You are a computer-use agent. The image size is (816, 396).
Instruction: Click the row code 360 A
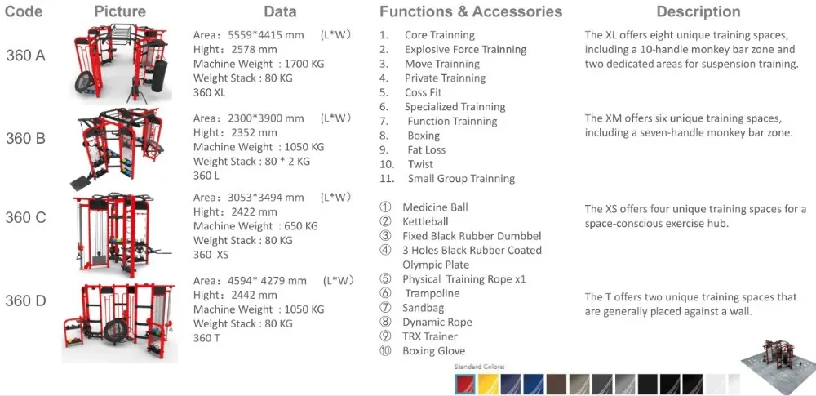click(25, 56)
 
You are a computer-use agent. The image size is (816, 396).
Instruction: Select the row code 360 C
click(25, 218)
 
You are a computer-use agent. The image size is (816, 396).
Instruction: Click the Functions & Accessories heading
click(471, 11)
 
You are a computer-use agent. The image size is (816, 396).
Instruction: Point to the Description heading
click(698, 11)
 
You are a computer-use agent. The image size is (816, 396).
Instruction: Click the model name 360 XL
click(209, 93)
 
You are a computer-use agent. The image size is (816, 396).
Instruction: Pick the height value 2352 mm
click(235, 132)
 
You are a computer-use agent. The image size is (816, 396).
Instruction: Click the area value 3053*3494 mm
click(248, 198)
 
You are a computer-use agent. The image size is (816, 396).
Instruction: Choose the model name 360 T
click(206, 338)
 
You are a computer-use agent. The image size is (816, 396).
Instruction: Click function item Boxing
click(424, 136)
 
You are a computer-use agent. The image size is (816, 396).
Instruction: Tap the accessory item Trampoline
click(432, 293)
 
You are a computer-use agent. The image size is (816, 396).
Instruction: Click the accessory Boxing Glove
click(433, 351)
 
